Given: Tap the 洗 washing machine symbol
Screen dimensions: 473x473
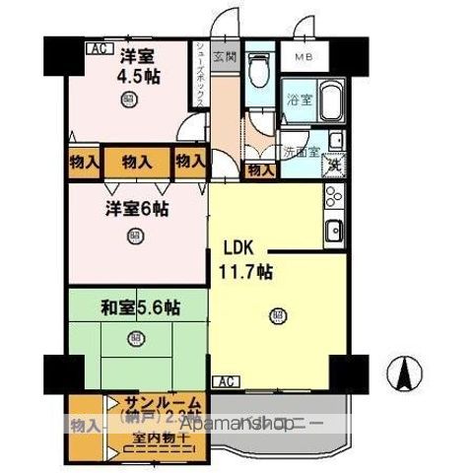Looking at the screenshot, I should [334, 164].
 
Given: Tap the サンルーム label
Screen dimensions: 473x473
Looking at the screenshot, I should [163, 403].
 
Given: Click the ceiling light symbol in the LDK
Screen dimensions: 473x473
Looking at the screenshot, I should [277, 315].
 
